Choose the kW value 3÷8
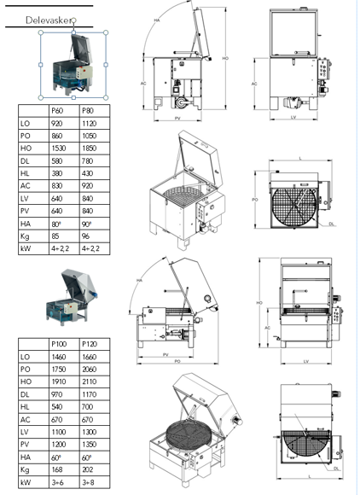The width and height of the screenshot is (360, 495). [x=90, y=481]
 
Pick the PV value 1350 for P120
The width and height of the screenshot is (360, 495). [x=90, y=443]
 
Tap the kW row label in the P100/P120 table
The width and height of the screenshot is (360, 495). [x=26, y=481]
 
